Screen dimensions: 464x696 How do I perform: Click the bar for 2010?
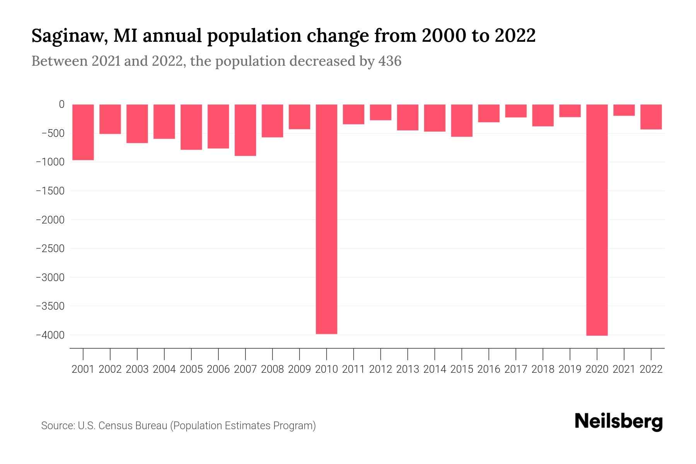326,219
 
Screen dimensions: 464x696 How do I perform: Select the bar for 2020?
597,220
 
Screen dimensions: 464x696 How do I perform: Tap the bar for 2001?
83,132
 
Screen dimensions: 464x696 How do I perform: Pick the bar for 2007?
245,130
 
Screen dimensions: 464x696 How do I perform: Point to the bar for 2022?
651,117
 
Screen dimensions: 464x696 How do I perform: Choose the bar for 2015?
461,120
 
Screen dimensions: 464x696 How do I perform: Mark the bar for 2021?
624,110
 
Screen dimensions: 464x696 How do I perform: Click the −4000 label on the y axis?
50,335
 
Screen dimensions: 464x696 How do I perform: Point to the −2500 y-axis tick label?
50,248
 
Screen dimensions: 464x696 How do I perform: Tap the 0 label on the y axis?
61,104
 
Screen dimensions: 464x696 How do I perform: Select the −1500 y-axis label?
50,191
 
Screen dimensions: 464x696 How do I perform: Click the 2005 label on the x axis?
191,369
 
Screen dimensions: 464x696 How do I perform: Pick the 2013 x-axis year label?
407,369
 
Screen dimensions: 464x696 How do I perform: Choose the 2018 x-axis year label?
542,369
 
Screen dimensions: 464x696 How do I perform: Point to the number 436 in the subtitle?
390,61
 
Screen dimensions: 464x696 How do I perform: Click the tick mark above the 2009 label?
299,354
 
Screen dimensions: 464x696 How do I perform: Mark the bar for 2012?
380,112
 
